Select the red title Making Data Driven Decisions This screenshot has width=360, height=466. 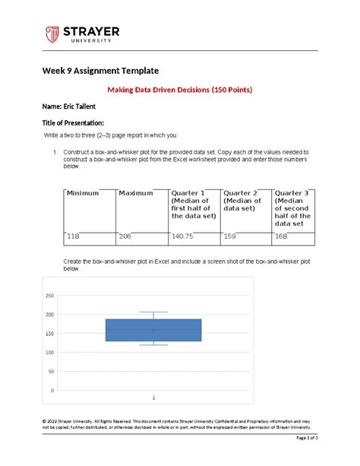tap(179, 90)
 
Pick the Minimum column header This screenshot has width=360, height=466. tap(84, 193)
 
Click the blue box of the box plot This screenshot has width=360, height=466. tap(153, 330)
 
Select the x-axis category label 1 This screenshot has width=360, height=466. tap(153, 398)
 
